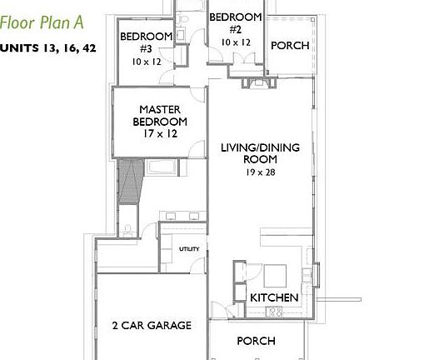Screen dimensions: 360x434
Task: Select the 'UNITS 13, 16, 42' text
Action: coord(48,47)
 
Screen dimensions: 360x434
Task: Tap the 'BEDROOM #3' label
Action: coord(146,42)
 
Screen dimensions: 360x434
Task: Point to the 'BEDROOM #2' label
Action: coord(236,22)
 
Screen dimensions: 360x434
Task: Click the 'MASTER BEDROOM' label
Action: coord(160,115)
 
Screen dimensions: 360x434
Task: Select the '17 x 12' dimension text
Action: coord(160,134)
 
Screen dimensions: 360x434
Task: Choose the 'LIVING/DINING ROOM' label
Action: coord(260,153)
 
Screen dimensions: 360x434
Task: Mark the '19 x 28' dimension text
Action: coord(260,172)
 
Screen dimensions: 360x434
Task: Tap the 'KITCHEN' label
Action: coord(274,297)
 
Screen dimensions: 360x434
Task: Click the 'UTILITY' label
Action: coord(189,249)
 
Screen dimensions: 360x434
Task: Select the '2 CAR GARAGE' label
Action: coord(152,325)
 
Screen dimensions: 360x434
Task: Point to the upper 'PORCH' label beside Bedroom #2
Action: coord(290,45)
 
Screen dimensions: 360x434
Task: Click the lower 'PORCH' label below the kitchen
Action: coord(256,341)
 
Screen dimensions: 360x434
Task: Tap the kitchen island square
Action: coord(274,275)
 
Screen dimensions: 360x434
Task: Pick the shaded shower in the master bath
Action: coord(129,181)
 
